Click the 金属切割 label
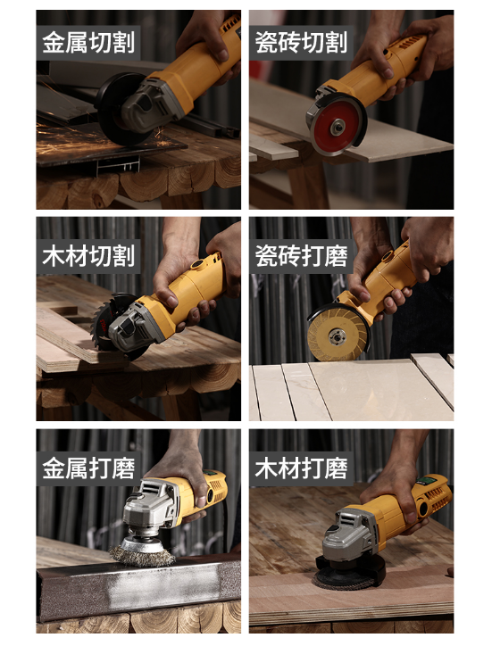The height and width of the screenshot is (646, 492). click(88, 43)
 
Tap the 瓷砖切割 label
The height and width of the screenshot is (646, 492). click(301, 43)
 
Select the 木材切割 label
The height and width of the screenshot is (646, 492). click(88, 256)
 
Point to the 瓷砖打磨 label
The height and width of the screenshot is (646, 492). click(301, 256)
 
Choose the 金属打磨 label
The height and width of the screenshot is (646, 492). click(88, 468)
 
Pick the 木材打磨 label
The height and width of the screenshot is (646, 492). click(301, 468)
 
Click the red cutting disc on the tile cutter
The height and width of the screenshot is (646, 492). click(336, 127)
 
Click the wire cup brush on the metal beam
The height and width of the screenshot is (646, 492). click(142, 554)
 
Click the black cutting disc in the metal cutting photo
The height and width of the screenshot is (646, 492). click(119, 108)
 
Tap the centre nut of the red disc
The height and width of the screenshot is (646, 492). click(338, 127)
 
